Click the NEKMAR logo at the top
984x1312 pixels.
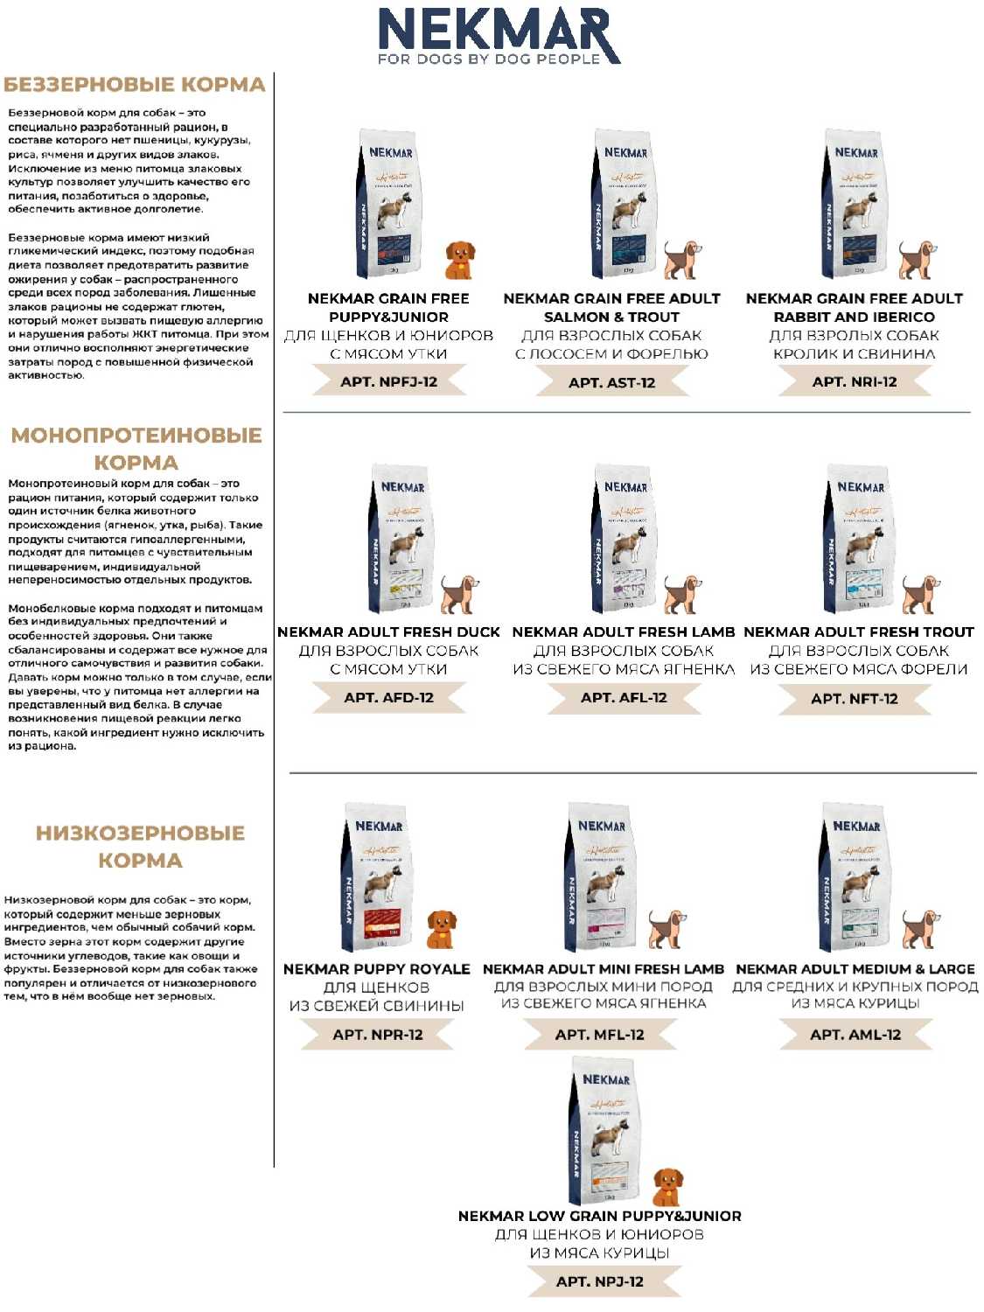point(498,35)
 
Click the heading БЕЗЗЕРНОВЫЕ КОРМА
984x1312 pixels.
point(135,85)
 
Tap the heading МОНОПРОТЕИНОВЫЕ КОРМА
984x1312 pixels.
point(136,448)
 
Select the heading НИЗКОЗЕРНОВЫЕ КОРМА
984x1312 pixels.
point(140,846)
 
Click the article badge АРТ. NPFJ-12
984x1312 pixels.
point(388,381)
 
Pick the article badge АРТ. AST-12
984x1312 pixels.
point(611,382)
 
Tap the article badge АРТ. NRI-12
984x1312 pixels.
point(855,381)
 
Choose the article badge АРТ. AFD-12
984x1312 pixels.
point(388,697)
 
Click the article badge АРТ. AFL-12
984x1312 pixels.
point(624,697)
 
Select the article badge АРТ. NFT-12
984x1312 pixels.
point(855,698)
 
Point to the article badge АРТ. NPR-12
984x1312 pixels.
point(377,1034)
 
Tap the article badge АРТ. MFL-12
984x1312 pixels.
point(599,1034)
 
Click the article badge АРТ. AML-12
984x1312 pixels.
point(855,1034)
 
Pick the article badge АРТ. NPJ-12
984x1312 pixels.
point(600,1281)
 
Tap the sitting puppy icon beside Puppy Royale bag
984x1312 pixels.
point(441,929)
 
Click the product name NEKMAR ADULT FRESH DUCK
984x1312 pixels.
point(388,632)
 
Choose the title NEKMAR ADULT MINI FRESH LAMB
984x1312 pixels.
point(604,969)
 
